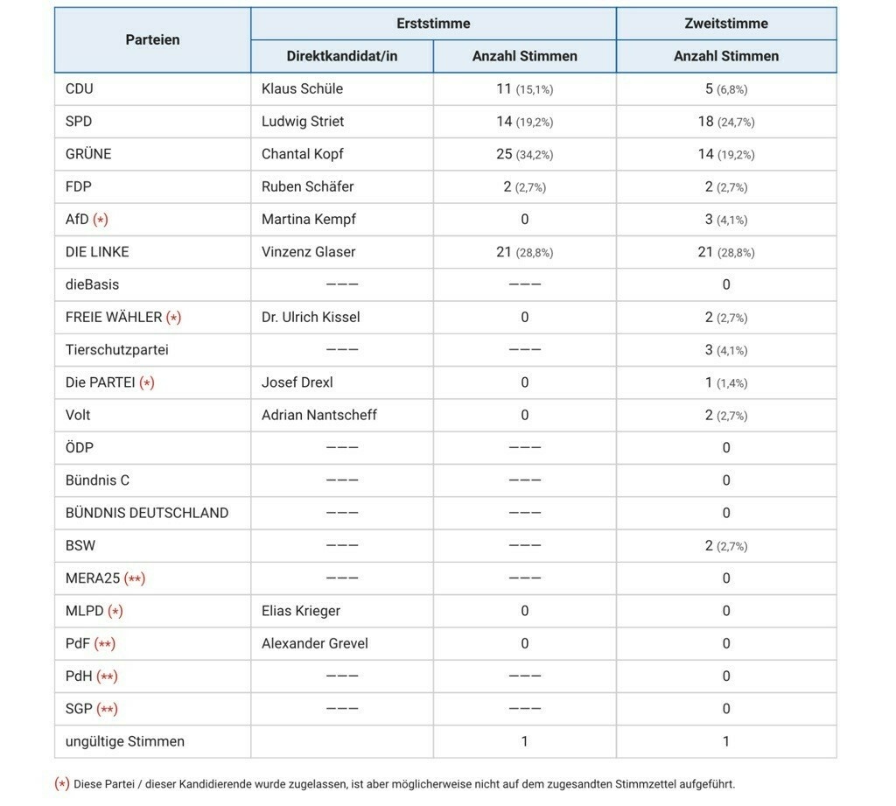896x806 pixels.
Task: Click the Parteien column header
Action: click(x=152, y=39)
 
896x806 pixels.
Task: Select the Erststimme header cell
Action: click(x=433, y=24)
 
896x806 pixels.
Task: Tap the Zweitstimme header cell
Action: click(x=725, y=24)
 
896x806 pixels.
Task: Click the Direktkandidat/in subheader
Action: click(x=341, y=56)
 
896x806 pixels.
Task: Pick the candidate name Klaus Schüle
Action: click(x=302, y=88)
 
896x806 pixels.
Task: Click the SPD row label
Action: click(x=79, y=121)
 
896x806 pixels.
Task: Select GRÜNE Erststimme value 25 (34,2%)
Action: click(x=524, y=154)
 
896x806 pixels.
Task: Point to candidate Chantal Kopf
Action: click(x=302, y=154)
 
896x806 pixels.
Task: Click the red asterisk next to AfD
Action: click(x=101, y=219)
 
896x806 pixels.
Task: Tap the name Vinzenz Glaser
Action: click(x=308, y=252)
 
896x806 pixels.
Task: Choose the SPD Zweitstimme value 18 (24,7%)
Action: click(x=725, y=122)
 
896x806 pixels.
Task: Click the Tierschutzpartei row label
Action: click(x=116, y=350)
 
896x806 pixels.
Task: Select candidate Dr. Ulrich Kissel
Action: click(x=311, y=317)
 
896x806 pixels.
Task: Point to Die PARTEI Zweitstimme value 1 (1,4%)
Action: click(x=725, y=382)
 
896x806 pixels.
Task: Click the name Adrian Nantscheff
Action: click(x=318, y=415)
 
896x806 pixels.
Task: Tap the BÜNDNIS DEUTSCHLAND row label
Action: click(x=147, y=513)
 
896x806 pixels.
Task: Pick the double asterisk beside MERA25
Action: click(x=135, y=578)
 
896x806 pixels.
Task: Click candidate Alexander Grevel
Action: click(x=314, y=643)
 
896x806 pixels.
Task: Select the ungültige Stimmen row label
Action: click(x=124, y=741)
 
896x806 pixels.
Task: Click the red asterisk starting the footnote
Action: click(x=62, y=784)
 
